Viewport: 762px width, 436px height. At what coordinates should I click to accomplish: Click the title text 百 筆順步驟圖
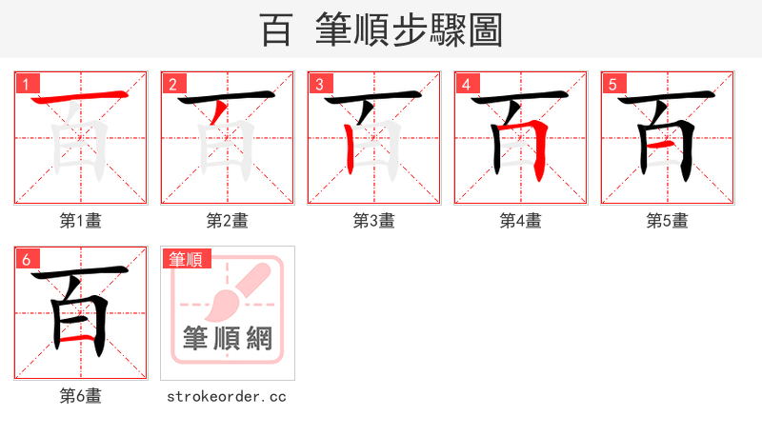pos(381,30)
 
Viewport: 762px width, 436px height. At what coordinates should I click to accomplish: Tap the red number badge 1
pos(26,85)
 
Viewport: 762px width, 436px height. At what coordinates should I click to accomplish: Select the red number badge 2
pos(172,85)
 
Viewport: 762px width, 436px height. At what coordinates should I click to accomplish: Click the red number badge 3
pos(319,85)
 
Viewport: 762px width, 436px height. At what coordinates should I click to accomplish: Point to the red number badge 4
pos(466,85)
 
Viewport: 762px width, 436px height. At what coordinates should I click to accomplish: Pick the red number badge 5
pos(612,85)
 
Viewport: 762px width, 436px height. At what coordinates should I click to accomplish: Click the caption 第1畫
pos(81,221)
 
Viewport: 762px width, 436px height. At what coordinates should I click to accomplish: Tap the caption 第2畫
pos(228,221)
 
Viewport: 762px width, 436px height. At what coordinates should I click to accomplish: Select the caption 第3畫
pos(374,221)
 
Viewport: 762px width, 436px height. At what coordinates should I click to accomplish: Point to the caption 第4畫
pos(521,221)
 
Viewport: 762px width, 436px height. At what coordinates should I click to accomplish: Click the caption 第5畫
pos(668,221)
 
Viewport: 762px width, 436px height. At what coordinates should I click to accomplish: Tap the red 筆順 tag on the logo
pos(187,259)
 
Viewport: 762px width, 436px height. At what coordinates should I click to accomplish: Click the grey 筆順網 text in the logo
pos(228,339)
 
